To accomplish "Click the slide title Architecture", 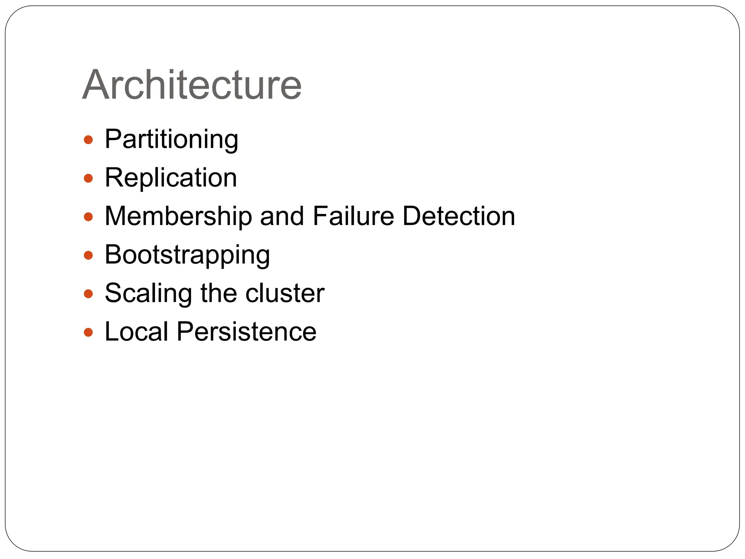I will (192, 85).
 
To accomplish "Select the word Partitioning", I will (171, 139).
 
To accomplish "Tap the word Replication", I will (171, 178).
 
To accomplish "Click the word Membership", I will (178, 216).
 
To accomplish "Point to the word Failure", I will (353, 216).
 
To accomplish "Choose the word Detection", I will (459, 216).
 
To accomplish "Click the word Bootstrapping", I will (187, 255).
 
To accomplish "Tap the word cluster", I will (284, 293).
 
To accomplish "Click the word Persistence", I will (247, 332).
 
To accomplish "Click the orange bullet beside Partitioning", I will (88, 140).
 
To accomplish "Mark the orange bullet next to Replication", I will (88, 178).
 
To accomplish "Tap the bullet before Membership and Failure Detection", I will (88, 217).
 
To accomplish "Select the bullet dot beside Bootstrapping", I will (88, 255).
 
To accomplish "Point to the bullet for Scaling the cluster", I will (88, 294).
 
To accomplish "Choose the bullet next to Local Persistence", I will (88, 332).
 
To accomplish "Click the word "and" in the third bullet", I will (282, 216).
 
